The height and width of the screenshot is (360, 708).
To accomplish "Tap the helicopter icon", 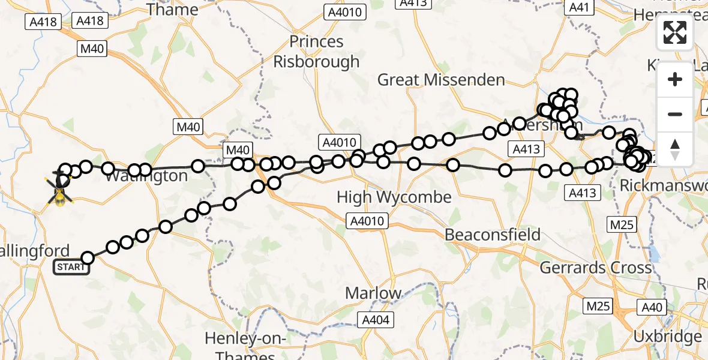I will [x=60, y=189].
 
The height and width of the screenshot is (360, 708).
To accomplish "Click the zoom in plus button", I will [x=675, y=79].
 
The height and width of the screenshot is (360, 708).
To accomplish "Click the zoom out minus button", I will [x=675, y=114].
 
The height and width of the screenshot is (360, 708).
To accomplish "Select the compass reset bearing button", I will [x=675, y=149].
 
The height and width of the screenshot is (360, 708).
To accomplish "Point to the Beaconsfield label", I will [x=493, y=235].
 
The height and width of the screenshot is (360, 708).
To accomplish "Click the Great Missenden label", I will [x=441, y=80].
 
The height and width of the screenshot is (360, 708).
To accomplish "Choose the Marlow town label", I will [x=373, y=293].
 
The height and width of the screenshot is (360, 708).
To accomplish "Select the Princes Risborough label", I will [x=317, y=52].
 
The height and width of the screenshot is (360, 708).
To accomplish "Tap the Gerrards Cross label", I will [x=596, y=267].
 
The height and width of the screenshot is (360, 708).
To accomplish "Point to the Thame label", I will [x=172, y=9].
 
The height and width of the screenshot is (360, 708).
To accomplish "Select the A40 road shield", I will [x=653, y=308].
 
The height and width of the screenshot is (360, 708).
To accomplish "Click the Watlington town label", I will [x=146, y=176].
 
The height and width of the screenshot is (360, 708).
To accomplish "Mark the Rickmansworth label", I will [x=664, y=185].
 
